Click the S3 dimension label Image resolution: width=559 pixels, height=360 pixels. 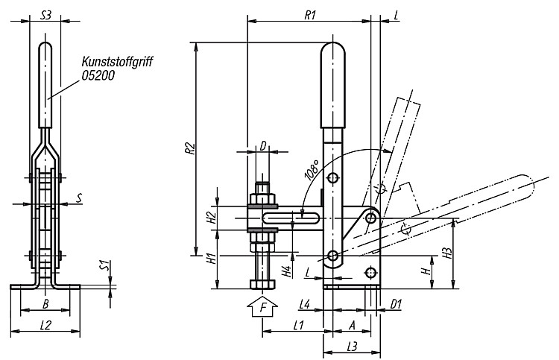coord(45,15)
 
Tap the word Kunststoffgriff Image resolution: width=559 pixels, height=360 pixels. coord(117,62)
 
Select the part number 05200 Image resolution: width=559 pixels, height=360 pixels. coord(98,75)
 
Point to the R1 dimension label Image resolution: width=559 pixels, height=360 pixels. coord(310,15)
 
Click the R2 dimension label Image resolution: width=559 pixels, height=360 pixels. coord(191,148)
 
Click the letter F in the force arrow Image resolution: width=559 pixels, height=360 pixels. coord(263,307)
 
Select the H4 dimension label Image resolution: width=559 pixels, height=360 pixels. coord(288,271)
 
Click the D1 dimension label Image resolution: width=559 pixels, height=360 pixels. coord(396,304)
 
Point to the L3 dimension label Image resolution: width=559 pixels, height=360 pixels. coord(352,346)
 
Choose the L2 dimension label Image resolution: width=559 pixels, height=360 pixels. coord(45,325)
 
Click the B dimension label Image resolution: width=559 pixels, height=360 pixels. coord(45,303)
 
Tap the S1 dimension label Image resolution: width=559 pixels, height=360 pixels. coord(104,265)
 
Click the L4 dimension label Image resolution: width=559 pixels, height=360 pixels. coord(304,304)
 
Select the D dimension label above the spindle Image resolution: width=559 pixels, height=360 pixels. coord(263,146)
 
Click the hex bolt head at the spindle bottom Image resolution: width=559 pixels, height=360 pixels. coord(263,284)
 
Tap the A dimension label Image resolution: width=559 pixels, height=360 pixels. coord(352,325)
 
